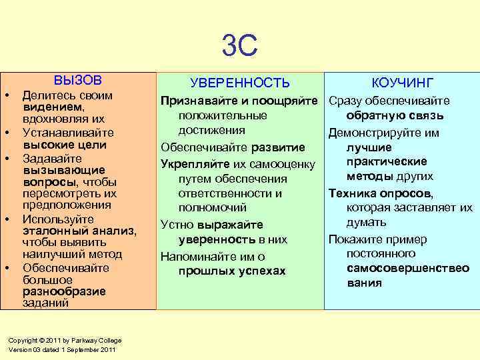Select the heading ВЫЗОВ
tap(78, 80)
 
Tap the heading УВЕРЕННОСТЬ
tap(240, 83)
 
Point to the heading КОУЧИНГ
tap(403, 83)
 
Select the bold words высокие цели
tap(65, 145)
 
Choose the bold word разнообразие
tap(64, 291)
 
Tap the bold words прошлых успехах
tap(232, 271)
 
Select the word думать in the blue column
tap(366, 222)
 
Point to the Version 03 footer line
tap(62, 350)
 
